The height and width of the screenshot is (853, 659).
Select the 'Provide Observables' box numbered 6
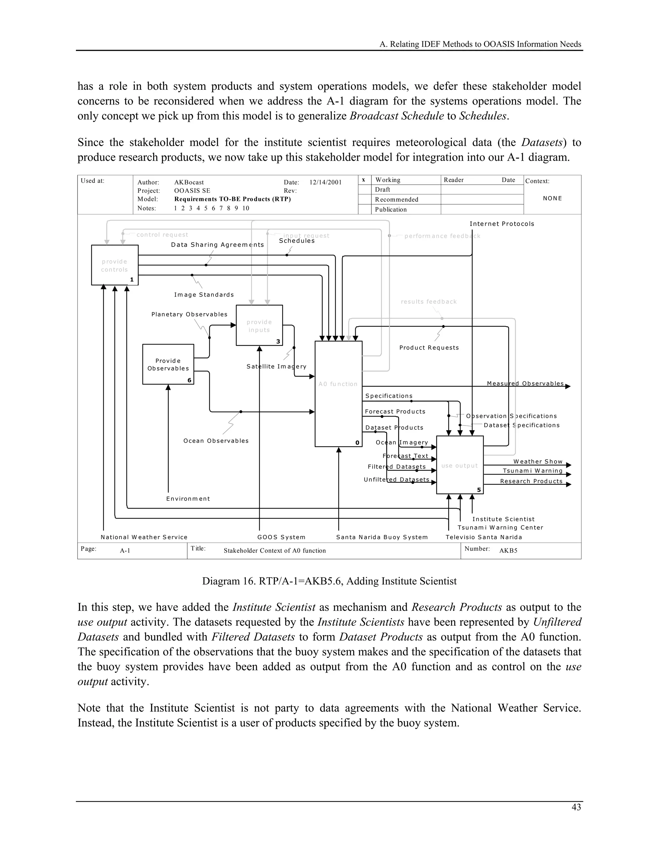pyautogui.click(x=168, y=364)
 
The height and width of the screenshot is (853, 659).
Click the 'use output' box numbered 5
pyautogui.click(x=459, y=465)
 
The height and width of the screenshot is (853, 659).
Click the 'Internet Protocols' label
pyautogui.click(x=502, y=224)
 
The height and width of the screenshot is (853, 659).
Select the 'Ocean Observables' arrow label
pyautogui.click(x=216, y=441)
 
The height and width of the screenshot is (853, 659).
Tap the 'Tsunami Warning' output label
pyautogui.click(x=533, y=471)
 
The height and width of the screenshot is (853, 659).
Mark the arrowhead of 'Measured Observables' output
pyautogui.click(x=568, y=386)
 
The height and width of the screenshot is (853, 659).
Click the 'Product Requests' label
pyautogui.click(x=429, y=348)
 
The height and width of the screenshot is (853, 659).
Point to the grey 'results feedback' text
pyautogui.click(x=429, y=302)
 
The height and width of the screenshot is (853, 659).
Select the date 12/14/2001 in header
pyautogui.click(x=325, y=183)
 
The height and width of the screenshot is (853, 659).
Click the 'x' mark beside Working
pyautogui.click(x=364, y=180)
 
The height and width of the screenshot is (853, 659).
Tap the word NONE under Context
pyautogui.click(x=552, y=198)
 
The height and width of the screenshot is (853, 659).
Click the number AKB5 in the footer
pyautogui.click(x=508, y=550)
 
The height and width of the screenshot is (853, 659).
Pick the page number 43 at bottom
pyautogui.click(x=576, y=807)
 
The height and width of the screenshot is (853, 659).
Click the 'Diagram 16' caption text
pyautogui.click(x=329, y=581)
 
